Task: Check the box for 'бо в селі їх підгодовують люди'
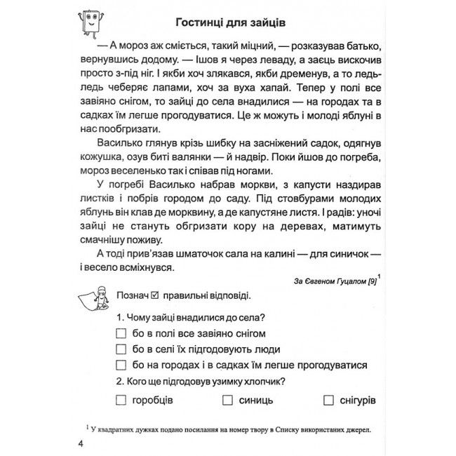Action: (121, 349)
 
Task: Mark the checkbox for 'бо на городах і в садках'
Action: (121, 366)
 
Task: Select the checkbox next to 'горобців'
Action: (121, 400)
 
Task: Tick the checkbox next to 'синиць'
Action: (227, 400)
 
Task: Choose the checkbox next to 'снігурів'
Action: (329, 400)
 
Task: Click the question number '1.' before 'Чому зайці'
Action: (121, 316)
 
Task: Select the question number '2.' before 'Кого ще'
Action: (121, 382)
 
